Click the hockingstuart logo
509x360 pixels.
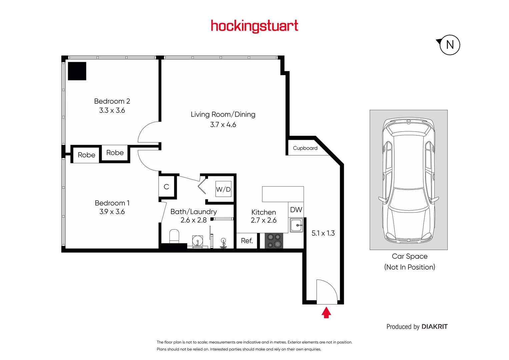(254, 26)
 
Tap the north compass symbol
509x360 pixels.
(449, 45)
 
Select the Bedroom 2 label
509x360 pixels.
(112, 101)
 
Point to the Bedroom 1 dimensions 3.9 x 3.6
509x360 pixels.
(112, 212)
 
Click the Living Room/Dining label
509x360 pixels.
(223, 114)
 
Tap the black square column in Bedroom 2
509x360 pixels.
(77, 71)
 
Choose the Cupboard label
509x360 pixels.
(305, 148)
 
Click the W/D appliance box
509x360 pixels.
(223, 189)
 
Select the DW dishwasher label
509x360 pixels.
(296, 210)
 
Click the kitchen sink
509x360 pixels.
(296, 225)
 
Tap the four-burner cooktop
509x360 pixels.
(274, 241)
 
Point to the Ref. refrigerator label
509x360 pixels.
(247, 241)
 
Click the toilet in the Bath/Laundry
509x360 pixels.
(174, 236)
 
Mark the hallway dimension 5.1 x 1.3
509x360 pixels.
(323, 233)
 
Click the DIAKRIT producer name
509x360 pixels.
(434, 327)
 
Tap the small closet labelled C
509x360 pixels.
(166, 187)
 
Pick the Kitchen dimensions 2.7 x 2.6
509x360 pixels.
(263, 220)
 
